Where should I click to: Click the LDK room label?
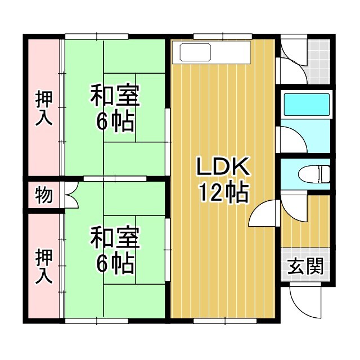coord(222,167)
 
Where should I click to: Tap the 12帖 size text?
coord(223,193)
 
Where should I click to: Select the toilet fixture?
coord(315,173)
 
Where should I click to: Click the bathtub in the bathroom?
coord(306,105)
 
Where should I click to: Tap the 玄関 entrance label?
coord(306,266)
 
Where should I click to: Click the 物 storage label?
coord(44,195)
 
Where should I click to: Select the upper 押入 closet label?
coord(44,108)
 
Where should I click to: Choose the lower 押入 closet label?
coord(44,265)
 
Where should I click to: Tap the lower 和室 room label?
coord(115,238)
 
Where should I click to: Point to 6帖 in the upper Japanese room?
coord(115,121)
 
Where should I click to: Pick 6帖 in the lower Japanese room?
coord(115,263)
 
